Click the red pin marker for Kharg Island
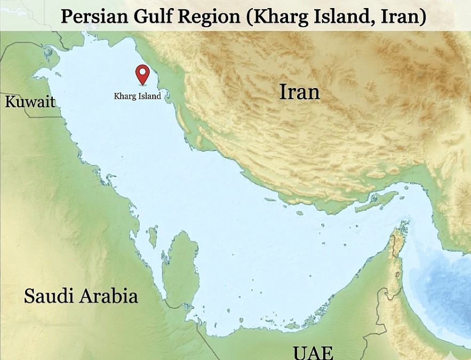click(x=142, y=74)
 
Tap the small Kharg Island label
click(x=137, y=97)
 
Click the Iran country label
click(x=299, y=92)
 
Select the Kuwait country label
click(x=30, y=101)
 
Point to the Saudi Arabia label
click(x=81, y=296)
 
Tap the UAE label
click(x=313, y=353)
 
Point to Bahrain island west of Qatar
click(x=153, y=233)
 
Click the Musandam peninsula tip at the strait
click(x=397, y=235)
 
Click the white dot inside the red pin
click(x=142, y=71)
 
